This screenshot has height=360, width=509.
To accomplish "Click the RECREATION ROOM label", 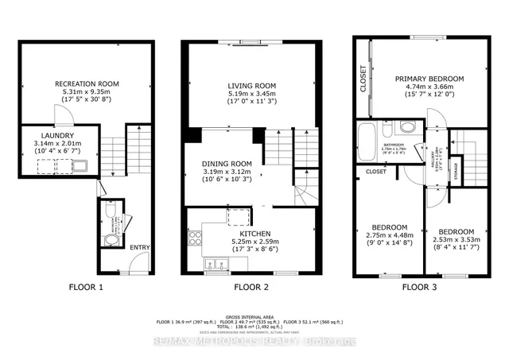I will [x=87, y=83].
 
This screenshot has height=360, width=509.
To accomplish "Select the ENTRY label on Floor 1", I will [x=140, y=247].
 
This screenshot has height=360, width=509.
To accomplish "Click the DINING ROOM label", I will [x=227, y=162].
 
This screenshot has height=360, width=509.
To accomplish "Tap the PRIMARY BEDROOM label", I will [x=429, y=79].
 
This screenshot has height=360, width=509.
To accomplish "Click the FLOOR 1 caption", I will [x=85, y=287].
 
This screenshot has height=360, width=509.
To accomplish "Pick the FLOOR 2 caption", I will [x=252, y=287].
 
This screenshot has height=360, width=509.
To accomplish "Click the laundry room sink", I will [x=82, y=165].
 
